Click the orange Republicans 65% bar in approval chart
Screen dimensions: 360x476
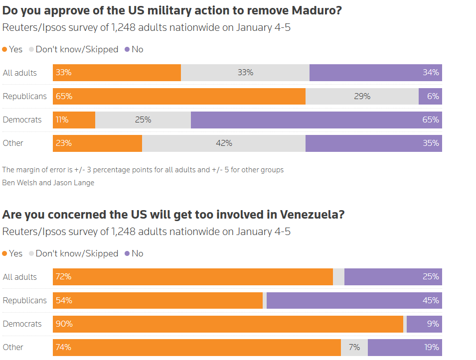tap(179, 96)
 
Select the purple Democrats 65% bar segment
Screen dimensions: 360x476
tap(316, 120)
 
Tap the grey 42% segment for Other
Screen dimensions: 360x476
tap(224, 143)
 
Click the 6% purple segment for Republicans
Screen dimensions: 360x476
tap(430, 96)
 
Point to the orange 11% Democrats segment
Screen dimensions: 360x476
tap(74, 120)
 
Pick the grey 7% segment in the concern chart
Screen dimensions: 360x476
tap(354, 347)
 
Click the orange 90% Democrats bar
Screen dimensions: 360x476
tap(228, 324)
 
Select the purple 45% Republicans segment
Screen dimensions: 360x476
tap(354, 300)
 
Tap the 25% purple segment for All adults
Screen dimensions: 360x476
tap(393, 277)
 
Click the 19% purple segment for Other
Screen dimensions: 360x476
tap(405, 347)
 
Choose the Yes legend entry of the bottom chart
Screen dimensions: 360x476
tap(12, 253)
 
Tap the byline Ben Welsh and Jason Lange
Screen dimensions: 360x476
tap(48, 182)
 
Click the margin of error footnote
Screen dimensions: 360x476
tap(143, 170)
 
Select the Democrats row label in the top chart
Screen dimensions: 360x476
tap(22, 120)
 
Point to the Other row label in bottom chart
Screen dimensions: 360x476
tap(13, 347)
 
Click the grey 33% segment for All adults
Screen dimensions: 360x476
tap(245, 73)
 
